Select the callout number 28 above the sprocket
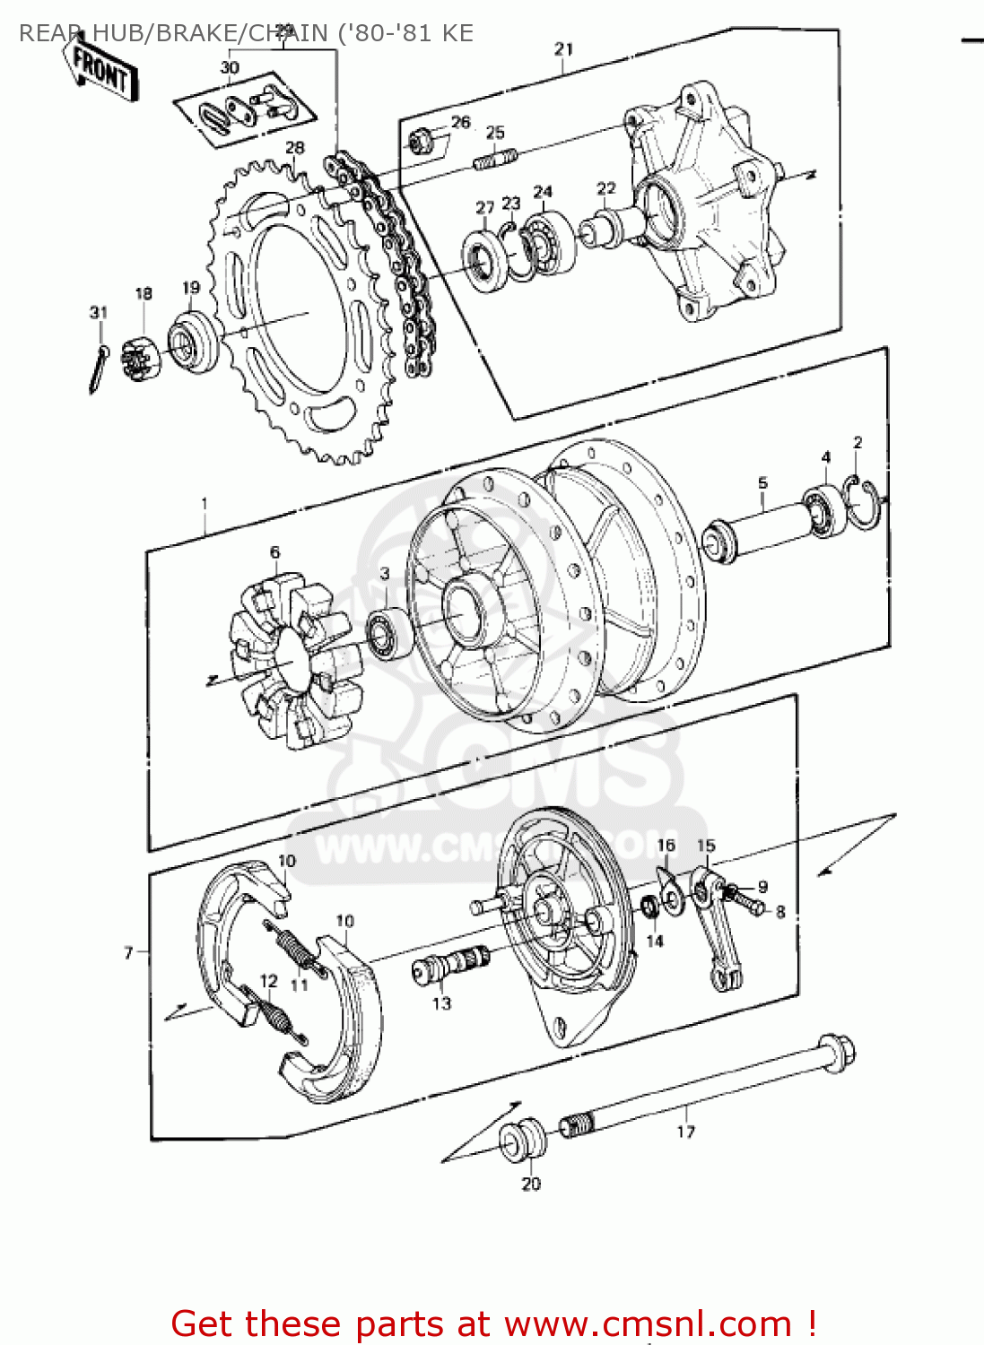point(294,147)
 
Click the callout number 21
point(563,48)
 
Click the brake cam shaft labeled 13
point(449,966)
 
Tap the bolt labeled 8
point(752,905)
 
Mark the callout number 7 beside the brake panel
point(128,952)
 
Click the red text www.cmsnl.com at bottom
point(648,1323)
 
